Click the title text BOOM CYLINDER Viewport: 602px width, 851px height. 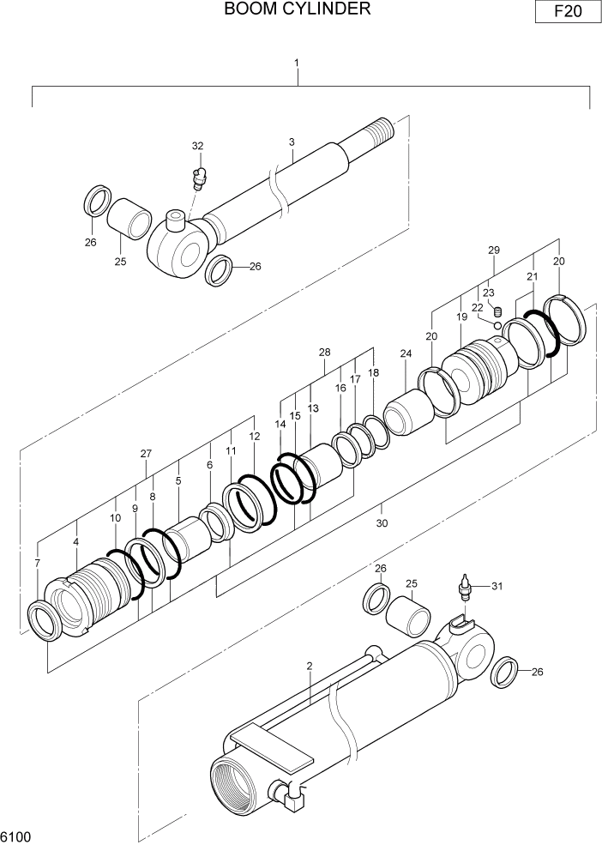pyautogui.click(x=297, y=9)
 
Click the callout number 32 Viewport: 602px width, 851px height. pyautogui.click(x=197, y=146)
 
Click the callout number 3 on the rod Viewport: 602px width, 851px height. pyautogui.click(x=292, y=142)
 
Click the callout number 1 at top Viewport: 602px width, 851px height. pyautogui.click(x=297, y=63)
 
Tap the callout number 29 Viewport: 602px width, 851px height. pyautogui.click(x=493, y=250)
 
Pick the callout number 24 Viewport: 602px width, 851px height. pyautogui.click(x=406, y=353)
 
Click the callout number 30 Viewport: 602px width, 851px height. pyautogui.click(x=382, y=523)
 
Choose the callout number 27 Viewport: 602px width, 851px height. pyautogui.click(x=146, y=454)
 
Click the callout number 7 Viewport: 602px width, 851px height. pyautogui.click(x=37, y=563)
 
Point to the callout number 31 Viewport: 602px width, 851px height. pyautogui.click(x=495, y=587)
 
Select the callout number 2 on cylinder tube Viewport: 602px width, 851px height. pyautogui.click(x=309, y=666)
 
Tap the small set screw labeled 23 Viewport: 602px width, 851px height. pyautogui.click(x=494, y=311)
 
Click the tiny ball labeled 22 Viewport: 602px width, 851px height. pyautogui.click(x=497, y=323)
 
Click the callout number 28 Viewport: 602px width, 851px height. pyautogui.click(x=323, y=353)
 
